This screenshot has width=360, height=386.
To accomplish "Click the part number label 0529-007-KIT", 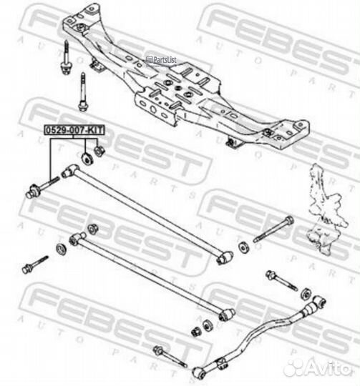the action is pyautogui.click(x=74, y=130).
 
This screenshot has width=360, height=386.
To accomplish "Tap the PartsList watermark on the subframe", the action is pyautogui.click(x=162, y=60).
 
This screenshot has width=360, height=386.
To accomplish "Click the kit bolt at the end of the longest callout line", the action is pyautogui.click(x=42, y=187).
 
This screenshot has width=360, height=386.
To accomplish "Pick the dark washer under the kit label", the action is pyautogui.click(x=87, y=159).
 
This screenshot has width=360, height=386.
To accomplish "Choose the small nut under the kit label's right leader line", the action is pyautogui.click(x=99, y=152).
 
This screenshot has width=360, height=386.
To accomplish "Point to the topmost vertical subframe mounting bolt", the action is pyautogui.click(x=66, y=58).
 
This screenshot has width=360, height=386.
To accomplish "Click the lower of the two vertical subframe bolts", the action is pyautogui.click(x=83, y=91).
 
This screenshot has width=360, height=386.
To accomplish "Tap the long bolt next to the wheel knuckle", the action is pyautogui.click(x=274, y=229).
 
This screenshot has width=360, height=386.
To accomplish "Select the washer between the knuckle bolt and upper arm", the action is pyautogui.click(x=244, y=247).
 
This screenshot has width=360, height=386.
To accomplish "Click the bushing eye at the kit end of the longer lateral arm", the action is pyautogui.click(x=69, y=171).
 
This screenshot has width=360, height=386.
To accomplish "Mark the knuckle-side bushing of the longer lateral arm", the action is pyautogui.click(x=225, y=257).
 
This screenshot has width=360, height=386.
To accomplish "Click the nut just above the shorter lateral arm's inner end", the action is pyautogui.click(x=93, y=229).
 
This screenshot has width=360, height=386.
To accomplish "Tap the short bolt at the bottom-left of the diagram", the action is pyautogui.click(x=35, y=265).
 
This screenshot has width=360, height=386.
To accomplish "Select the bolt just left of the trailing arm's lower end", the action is pyautogui.click(x=170, y=357).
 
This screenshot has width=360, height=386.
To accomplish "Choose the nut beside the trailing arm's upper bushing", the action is pyautogui.click(x=307, y=293).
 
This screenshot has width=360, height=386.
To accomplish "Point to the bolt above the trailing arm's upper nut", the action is pyautogui.click(x=281, y=280).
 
